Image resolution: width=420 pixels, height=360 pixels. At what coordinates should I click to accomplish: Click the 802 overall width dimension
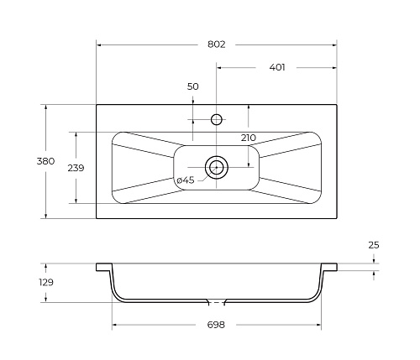click(x=216, y=44)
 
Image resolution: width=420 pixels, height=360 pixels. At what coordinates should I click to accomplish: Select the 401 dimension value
click(x=276, y=67)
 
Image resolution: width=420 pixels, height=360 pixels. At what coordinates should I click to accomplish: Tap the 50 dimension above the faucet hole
click(x=192, y=86)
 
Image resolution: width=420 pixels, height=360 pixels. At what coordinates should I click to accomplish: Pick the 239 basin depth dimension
click(x=76, y=167)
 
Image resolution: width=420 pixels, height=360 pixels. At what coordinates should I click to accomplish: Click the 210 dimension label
click(x=248, y=138)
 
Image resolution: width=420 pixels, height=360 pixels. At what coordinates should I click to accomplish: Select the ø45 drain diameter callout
click(x=185, y=180)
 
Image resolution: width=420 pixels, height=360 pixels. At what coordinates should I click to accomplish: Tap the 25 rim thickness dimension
click(x=374, y=245)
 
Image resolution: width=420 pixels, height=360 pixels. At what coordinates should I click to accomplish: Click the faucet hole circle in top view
click(x=217, y=119)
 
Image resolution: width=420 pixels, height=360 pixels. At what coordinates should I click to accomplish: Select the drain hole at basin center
click(x=217, y=167)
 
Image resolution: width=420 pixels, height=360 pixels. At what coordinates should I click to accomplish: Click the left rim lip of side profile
click(x=103, y=267)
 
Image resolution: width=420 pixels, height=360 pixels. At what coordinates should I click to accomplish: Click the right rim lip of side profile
click(x=330, y=267)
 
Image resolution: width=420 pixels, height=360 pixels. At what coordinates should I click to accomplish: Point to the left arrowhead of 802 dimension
click(x=100, y=44)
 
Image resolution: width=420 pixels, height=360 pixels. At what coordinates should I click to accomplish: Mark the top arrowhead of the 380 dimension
click(x=45, y=107)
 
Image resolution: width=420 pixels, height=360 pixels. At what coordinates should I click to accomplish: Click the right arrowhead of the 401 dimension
click(x=334, y=67)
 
